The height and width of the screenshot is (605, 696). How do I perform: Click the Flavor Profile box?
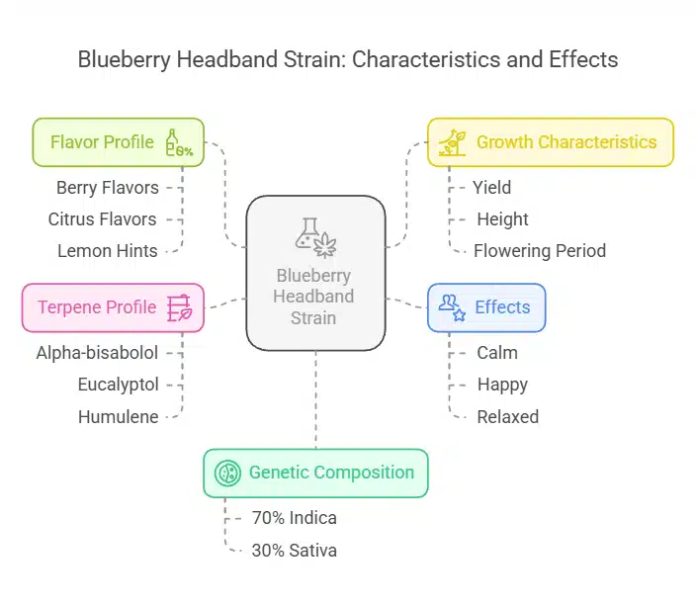click(x=118, y=142)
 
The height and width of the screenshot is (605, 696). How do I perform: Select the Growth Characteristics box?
click(x=550, y=142)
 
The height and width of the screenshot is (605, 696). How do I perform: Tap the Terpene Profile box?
click(x=113, y=307)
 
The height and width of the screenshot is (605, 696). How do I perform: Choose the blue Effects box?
click(x=486, y=307)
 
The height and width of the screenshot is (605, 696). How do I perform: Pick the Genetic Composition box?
click(x=315, y=473)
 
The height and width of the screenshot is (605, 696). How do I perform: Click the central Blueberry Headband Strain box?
click(x=315, y=274)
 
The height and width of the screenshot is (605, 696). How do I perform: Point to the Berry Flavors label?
click(x=108, y=187)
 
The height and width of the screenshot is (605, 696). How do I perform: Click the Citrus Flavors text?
click(x=103, y=219)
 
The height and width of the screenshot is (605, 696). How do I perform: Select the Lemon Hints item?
click(x=106, y=251)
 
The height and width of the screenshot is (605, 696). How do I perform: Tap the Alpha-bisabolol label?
click(x=97, y=352)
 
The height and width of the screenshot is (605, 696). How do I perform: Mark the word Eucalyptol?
click(x=118, y=385)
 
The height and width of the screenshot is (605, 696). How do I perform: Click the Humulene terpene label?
click(x=119, y=417)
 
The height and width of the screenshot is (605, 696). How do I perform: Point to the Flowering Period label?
click(x=540, y=251)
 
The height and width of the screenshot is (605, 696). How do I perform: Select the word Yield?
click(x=492, y=187)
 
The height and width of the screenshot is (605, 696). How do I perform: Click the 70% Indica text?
click(x=295, y=518)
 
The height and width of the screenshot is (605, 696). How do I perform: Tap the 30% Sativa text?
click(x=295, y=551)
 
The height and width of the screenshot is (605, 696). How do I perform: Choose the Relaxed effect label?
click(x=508, y=417)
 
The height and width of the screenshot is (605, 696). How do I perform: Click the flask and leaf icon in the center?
click(x=315, y=237)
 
